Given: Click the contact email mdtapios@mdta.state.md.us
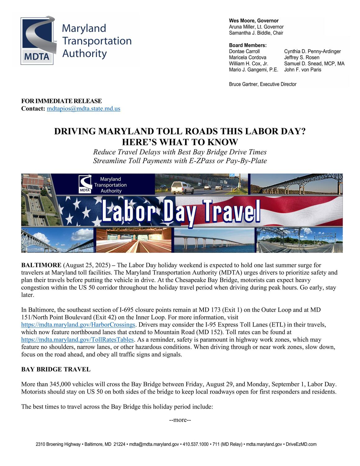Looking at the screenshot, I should pos(83,109).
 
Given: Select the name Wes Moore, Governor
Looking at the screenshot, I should pos(253,21).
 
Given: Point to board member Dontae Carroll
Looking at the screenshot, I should pos(244,52).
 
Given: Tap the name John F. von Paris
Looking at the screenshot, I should pos(303,70).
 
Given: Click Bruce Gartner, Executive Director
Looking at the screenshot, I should pos(262,84).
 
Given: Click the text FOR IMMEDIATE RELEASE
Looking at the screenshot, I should pos(62,101).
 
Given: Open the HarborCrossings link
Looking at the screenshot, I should pos(78,325).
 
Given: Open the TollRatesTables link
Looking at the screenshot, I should pos(78,340).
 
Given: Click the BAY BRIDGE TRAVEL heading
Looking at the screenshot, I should pos(56,369).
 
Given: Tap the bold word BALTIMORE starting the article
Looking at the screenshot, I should pos(41,265).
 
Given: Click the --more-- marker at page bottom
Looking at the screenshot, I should pos(180,420).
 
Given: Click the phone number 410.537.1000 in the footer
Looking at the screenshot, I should pos(196,445).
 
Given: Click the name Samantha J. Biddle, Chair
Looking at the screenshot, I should pos(256,33).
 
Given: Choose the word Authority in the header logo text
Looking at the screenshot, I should pos(84,54).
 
